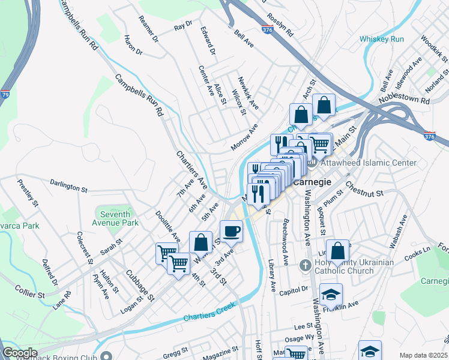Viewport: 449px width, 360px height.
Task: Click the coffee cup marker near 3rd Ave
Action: [232, 230]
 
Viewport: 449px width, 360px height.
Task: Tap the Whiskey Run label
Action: [382, 39]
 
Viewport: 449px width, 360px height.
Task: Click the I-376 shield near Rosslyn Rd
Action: [267, 28]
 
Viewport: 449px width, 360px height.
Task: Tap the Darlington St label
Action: [69, 185]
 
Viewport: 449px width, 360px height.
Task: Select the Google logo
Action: [19, 353]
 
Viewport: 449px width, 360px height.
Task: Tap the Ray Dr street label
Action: [182, 27]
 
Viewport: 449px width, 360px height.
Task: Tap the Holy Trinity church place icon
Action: [306, 265]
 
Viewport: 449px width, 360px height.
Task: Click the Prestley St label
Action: [28, 193]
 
